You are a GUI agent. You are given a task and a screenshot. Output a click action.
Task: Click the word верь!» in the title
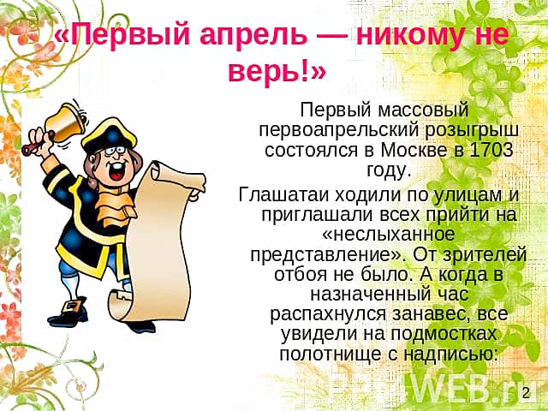[277, 73]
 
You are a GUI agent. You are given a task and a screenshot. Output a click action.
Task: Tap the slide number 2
[527, 392]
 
